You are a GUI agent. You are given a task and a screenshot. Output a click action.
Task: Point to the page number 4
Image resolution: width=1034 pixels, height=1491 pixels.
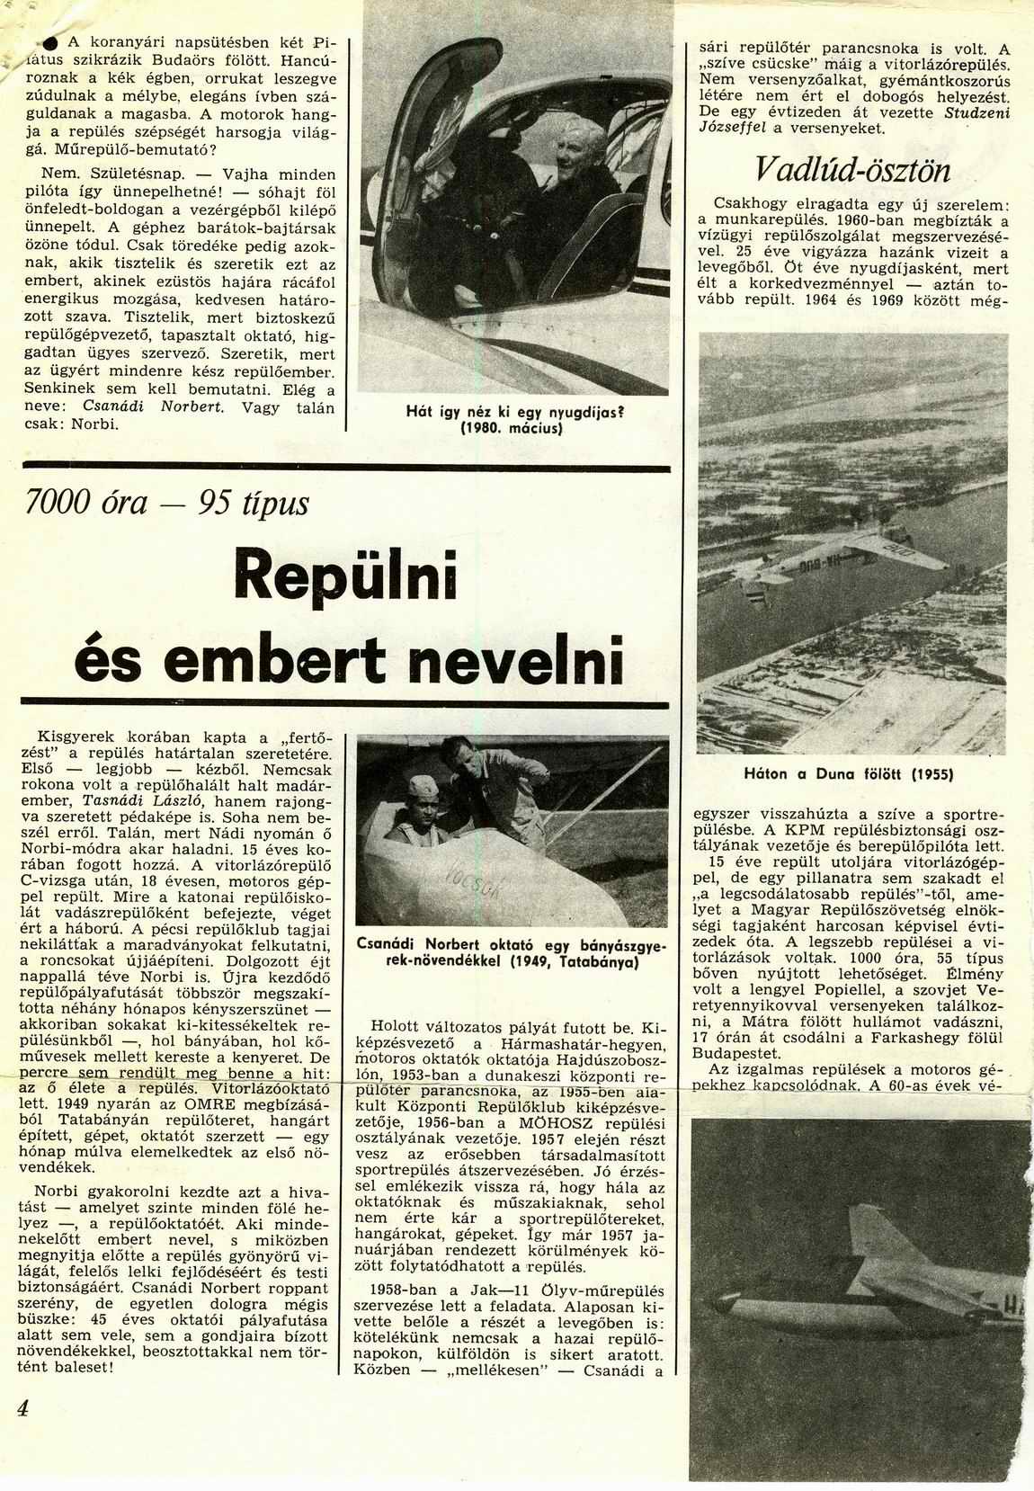(x=22, y=1407)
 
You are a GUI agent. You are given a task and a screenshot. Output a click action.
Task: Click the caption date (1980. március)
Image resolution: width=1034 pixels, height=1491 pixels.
(x=511, y=428)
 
